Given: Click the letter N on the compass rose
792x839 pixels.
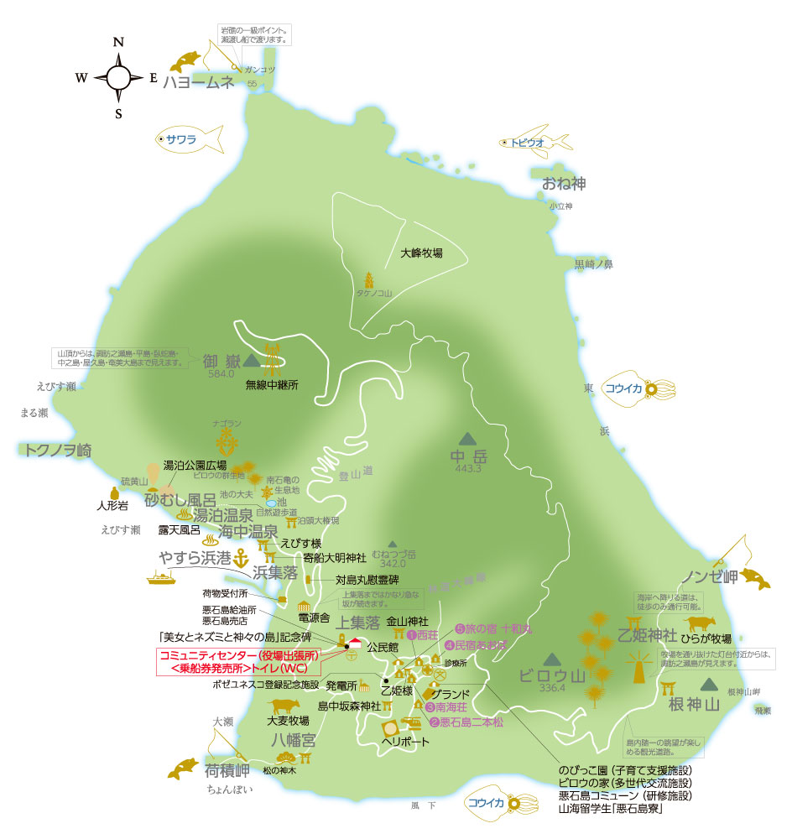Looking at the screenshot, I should click(x=118, y=42).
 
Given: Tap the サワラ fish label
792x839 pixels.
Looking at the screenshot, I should click(x=180, y=140).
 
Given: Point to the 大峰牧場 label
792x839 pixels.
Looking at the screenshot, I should click(x=421, y=253).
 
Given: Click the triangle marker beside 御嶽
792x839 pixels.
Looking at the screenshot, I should click(x=249, y=360).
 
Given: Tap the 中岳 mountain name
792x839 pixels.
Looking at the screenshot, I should click(x=468, y=457).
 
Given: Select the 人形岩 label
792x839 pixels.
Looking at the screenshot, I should click(x=112, y=507).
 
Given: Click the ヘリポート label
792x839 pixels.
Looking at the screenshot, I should click(x=405, y=742).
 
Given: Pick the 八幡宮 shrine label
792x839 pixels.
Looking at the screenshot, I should click(x=293, y=739).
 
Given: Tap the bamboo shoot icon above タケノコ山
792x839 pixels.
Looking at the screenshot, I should click(x=368, y=279).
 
